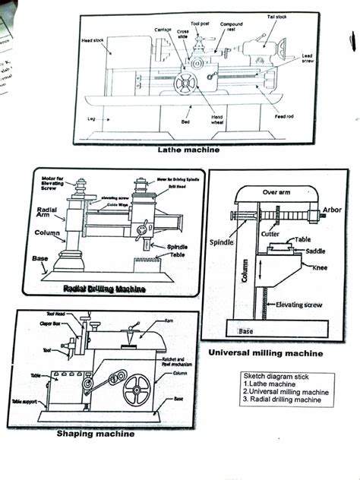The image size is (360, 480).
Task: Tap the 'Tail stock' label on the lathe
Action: click(x=276, y=17)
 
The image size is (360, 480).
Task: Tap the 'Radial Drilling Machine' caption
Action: click(x=104, y=289)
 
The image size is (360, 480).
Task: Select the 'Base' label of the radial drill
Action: click(x=40, y=258)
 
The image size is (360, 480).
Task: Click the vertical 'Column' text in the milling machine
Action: click(x=245, y=270)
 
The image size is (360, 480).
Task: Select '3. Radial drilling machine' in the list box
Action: click(x=285, y=399)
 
